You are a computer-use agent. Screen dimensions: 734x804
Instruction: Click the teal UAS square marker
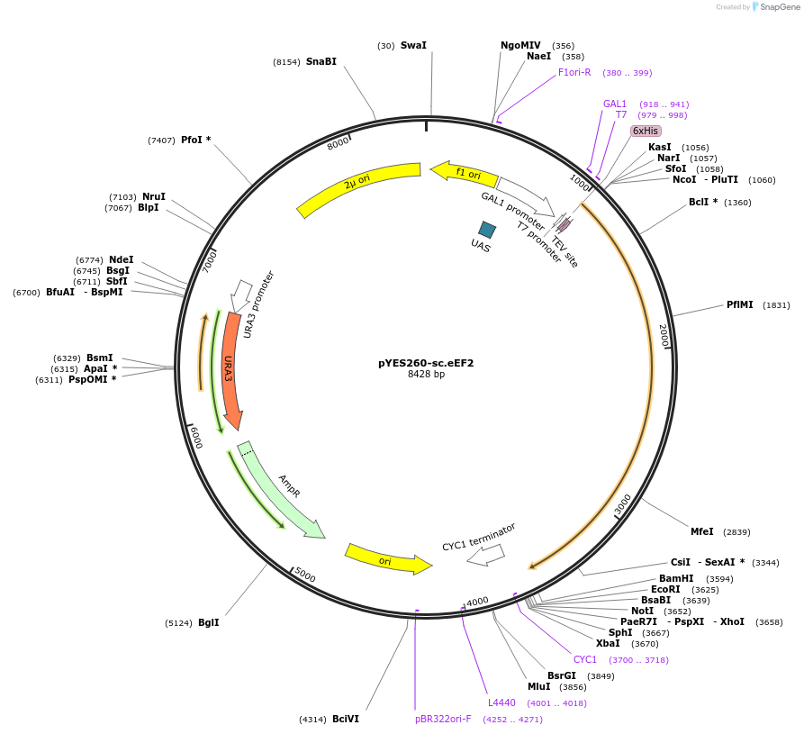coord(487,230)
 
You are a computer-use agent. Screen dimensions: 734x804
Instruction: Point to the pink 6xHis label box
coord(646,131)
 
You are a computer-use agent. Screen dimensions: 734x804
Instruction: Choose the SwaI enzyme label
coord(413,45)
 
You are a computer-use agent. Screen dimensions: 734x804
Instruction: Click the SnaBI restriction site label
coord(321,61)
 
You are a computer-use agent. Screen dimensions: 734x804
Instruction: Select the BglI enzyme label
coord(208,622)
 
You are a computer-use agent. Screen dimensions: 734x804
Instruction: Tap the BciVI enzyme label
coord(345,719)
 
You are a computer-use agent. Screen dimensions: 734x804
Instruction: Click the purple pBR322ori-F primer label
coord(443,719)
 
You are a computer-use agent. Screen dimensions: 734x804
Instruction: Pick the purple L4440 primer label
coord(501,702)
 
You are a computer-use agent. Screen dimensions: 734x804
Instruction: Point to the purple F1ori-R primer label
coord(574,72)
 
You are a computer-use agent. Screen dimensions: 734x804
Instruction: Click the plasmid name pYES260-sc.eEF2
coord(426,363)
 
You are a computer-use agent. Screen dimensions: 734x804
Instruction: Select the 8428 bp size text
coord(426,375)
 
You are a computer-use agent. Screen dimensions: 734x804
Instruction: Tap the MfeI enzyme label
coord(701,531)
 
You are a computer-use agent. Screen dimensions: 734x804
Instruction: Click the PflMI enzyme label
coord(739,304)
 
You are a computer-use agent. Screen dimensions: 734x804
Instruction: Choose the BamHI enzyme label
coord(676,578)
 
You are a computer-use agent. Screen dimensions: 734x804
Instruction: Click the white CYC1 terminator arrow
coord(486,555)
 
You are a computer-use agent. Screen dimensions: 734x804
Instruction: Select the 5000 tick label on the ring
coord(305,575)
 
